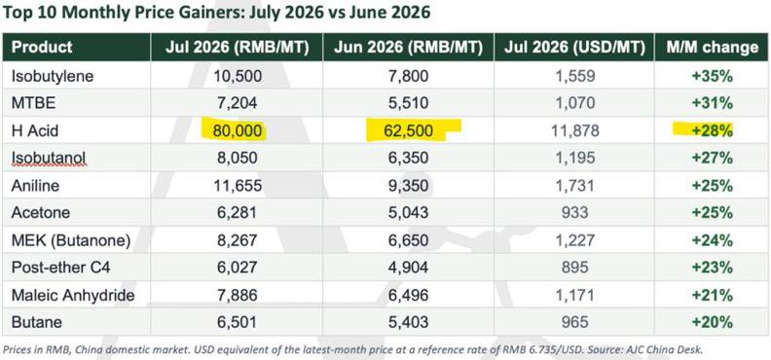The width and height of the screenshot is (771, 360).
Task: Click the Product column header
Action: click(x=42, y=47)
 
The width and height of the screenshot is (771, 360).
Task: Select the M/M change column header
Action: click(x=713, y=47)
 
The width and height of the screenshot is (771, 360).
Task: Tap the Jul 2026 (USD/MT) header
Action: click(x=574, y=47)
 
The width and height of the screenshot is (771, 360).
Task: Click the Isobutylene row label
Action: click(x=53, y=76)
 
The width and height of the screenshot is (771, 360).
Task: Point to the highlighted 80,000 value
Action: click(x=238, y=130)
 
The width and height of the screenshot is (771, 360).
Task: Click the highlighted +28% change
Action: click(x=713, y=130)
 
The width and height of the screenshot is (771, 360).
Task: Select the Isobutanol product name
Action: click(x=49, y=158)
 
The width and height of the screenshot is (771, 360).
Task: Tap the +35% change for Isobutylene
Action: click(x=713, y=76)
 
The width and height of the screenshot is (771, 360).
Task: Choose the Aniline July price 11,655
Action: click(x=238, y=185)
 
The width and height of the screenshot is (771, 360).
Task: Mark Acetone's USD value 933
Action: click(x=574, y=212)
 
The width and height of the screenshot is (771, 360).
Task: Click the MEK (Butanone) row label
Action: click(x=71, y=240)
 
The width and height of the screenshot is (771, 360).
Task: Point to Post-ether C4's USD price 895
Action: click(x=574, y=267)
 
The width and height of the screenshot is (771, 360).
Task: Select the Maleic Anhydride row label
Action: click(x=73, y=295)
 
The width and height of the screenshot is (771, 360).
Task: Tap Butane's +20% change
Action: click(x=713, y=322)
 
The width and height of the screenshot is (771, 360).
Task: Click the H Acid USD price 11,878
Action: click(x=574, y=130)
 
